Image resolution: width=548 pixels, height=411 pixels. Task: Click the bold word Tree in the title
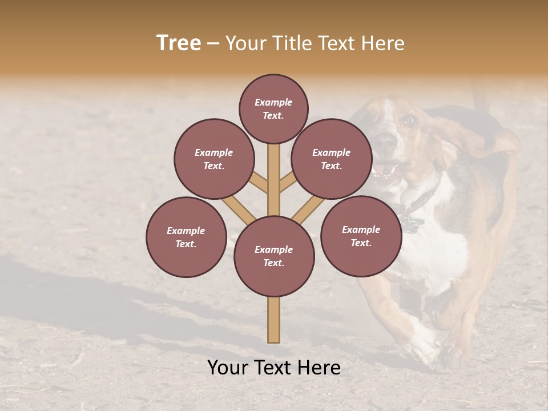tap(179, 43)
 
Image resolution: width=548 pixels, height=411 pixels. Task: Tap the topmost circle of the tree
tap(273, 108)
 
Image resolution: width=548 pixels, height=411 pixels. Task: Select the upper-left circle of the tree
tap(214, 159)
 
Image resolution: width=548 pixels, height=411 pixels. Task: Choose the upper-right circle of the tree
tap(332, 159)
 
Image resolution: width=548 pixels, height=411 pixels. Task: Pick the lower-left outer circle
tap(186, 237)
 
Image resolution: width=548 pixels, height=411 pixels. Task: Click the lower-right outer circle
tap(361, 236)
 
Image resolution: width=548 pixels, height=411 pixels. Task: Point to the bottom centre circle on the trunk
tap(274, 256)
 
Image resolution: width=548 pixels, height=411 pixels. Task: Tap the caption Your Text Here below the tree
tap(274, 368)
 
